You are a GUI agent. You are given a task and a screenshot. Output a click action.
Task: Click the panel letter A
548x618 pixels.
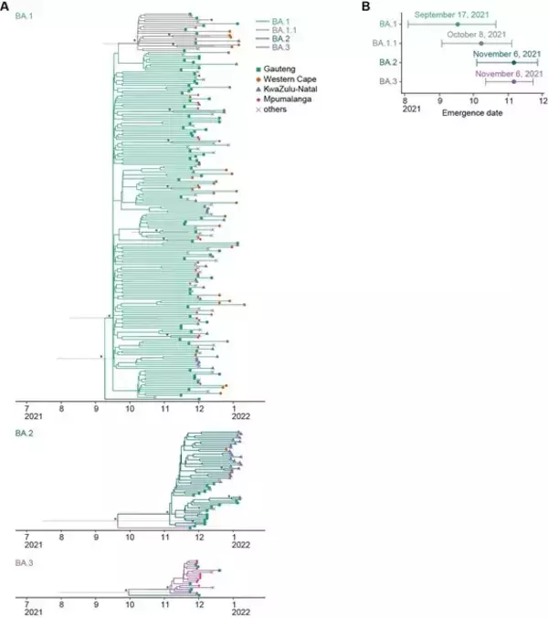[x=5, y=6]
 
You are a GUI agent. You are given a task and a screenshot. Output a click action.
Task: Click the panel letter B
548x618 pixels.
[x=366, y=6]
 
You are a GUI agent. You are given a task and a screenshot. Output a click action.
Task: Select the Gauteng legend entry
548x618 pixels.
[x=276, y=69]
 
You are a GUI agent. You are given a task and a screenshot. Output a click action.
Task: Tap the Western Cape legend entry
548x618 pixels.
[x=286, y=79]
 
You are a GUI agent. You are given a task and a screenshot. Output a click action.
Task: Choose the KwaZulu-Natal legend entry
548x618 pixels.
[x=287, y=89]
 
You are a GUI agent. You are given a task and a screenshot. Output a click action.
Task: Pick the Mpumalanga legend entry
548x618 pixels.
[x=284, y=99]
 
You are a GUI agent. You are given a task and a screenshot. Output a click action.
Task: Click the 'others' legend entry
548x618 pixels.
[x=271, y=110]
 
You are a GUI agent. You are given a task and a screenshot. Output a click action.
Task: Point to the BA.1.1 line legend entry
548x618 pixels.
[x=277, y=30]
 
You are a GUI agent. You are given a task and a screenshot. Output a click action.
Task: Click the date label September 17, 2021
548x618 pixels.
[x=451, y=15]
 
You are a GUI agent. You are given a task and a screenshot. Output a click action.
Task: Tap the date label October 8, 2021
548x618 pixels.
[x=476, y=35]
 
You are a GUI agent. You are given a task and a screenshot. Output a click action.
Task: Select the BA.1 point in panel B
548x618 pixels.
[x=458, y=25]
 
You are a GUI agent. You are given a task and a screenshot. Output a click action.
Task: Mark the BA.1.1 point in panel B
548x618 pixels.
[x=481, y=43]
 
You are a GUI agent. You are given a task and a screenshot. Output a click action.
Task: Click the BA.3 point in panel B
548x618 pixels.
[x=513, y=81]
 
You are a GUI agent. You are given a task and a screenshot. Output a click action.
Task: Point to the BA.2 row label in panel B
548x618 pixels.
[x=388, y=62]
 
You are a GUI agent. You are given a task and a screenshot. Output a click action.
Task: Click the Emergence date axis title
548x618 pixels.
[x=472, y=113]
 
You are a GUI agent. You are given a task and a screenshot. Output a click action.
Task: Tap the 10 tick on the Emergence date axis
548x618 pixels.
[x=474, y=101]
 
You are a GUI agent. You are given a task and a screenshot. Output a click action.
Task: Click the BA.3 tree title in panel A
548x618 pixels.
[x=24, y=563]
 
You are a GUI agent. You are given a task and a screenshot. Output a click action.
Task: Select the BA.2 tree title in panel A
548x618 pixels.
[x=24, y=434]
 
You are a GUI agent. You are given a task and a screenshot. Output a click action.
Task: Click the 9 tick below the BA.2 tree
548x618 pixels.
[x=96, y=537]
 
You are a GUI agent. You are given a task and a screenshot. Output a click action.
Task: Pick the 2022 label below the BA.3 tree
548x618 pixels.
[x=240, y=613]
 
